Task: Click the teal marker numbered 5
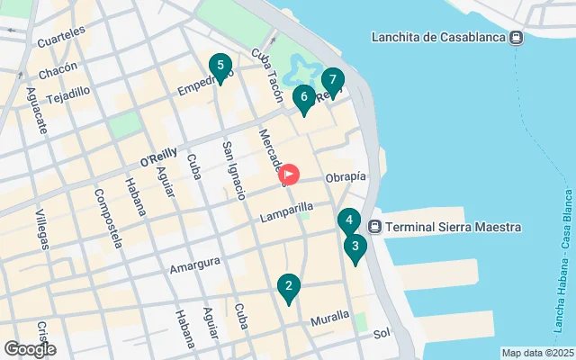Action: [x=219, y=67]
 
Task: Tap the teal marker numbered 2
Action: [x=288, y=288]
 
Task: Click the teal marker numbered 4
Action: [x=349, y=221]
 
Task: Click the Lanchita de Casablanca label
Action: [x=439, y=37]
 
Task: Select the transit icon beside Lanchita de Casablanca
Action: [x=517, y=37]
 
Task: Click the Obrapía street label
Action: [x=346, y=176]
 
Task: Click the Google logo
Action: [x=30, y=348]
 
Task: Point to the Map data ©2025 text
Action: [x=536, y=354]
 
